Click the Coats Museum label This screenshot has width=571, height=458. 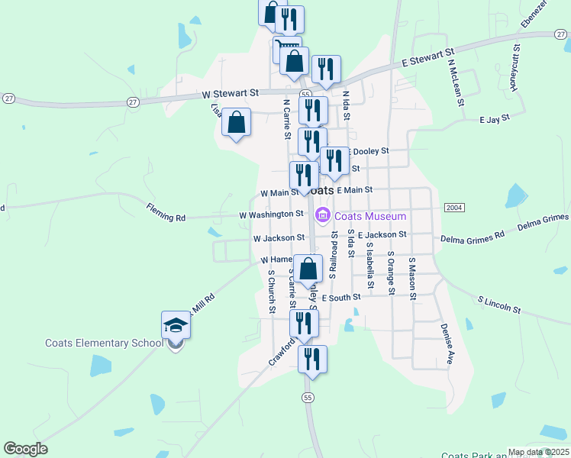click(365, 216)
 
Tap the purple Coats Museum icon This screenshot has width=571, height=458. click(323, 216)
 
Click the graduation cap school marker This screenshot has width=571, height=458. click(176, 326)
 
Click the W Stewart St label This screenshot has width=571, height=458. click(232, 94)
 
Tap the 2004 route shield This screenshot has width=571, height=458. click(453, 208)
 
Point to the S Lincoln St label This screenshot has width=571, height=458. click(498, 304)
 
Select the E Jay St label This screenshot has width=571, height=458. click(494, 120)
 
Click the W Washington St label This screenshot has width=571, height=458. click(271, 214)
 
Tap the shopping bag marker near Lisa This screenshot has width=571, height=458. click(237, 122)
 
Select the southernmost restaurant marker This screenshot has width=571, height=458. click(311, 359)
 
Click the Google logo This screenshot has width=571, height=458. click(25, 449)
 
